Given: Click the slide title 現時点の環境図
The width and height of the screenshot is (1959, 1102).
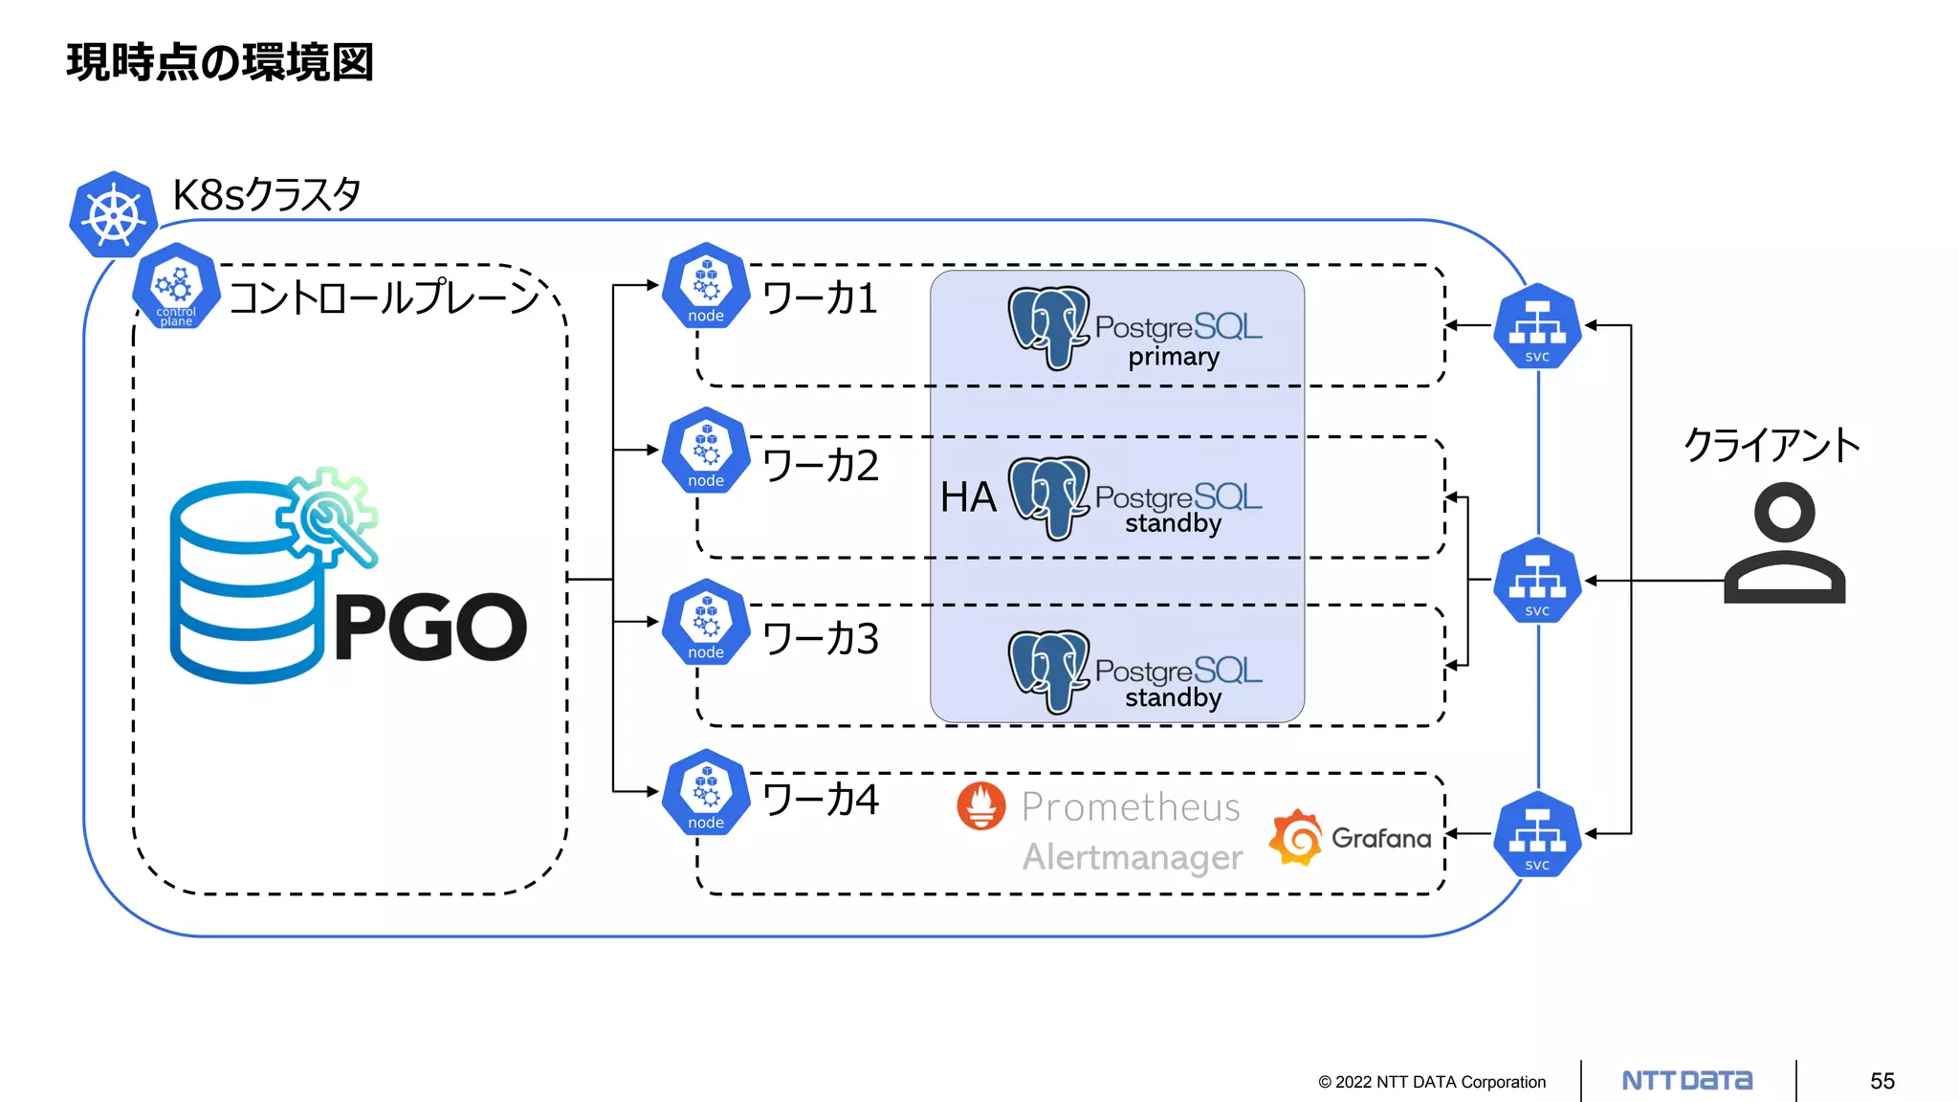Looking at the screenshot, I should (220, 63).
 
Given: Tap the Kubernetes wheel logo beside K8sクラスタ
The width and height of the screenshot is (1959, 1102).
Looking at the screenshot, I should (113, 214).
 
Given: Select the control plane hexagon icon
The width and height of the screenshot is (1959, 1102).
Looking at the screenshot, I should (176, 286).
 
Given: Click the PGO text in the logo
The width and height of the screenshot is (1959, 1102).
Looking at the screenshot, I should (430, 628).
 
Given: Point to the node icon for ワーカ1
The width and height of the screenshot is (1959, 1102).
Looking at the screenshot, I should (706, 286).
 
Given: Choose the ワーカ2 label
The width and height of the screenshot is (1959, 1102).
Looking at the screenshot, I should (821, 466).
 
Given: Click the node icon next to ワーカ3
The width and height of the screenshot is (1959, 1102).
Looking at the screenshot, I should (706, 623).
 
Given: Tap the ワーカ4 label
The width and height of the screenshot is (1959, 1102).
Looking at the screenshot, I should (821, 800).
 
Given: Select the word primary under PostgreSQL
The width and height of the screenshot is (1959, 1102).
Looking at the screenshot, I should (1174, 357).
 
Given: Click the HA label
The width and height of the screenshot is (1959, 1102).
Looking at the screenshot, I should (968, 497).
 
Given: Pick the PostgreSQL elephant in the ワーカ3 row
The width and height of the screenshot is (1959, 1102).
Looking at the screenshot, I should (1049, 671).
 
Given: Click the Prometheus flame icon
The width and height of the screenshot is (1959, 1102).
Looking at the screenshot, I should (981, 805).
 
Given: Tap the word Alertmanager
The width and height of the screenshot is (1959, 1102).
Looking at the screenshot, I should (1133, 857).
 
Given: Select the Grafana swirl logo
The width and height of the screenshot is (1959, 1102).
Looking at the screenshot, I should (1296, 837).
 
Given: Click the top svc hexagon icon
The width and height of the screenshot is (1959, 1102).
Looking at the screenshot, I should (1537, 326).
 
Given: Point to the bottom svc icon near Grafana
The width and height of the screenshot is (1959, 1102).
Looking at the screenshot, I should (1537, 834).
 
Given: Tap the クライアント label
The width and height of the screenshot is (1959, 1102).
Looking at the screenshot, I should (1772, 446).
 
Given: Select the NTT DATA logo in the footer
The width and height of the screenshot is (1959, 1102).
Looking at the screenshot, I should (1687, 1081).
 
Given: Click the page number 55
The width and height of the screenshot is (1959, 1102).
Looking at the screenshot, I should (1882, 1081).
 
